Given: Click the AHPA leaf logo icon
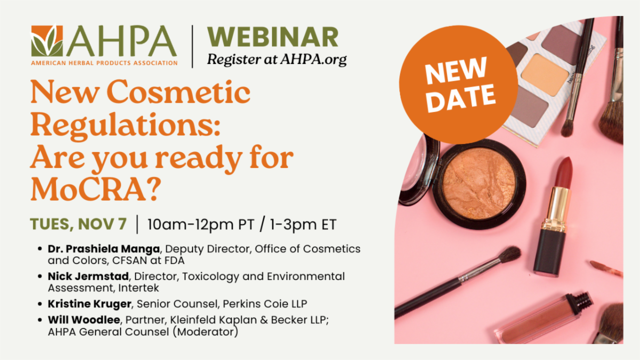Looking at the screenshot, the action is pyautogui.click(x=47, y=41).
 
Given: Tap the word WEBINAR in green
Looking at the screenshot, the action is pyautogui.click(x=273, y=37).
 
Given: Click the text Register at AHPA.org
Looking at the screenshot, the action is pyautogui.click(x=277, y=60).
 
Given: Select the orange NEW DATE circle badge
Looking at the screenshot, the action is pyautogui.click(x=458, y=85).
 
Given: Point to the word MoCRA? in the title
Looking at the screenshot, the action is pyautogui.click(x=95, y=189).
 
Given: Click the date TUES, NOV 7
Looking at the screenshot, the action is pyautogui.click(x=78, y=223).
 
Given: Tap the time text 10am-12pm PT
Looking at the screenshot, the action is pyautogui.click(x=201, y=225).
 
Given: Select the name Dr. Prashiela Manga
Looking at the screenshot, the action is pyautogui.click(x=103, y=249).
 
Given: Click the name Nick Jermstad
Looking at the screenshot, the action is pyautogui.click(x=89, y=276).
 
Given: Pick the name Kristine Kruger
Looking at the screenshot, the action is pyautogui.click(x=90, y=303).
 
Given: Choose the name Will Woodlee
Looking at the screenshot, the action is pyautogui.click(x=84, y=319).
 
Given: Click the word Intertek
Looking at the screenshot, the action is pyautogui.click(x=139, y=287).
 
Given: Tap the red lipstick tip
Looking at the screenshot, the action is pyautogui.click(x=563, y=171).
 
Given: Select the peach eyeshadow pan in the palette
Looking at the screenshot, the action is pyautogui.click(x=545, y=75).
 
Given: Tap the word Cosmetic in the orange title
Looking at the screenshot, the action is pyautogui.click(x=178, y=92).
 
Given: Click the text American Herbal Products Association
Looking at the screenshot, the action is pyautogui.click(x=105, y=63).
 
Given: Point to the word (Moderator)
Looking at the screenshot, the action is pyautogui.click(x=205, y=332).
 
